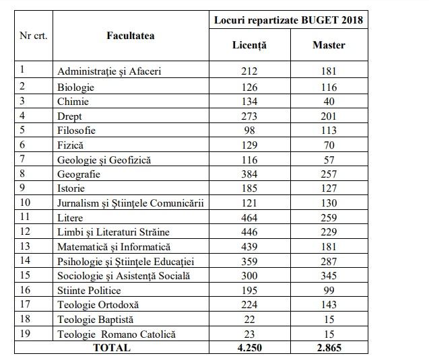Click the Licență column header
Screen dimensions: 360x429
[249, 46]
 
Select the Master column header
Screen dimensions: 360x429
[329, 46]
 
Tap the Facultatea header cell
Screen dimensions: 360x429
[131, 36]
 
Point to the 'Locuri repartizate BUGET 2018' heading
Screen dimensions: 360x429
[289, 20]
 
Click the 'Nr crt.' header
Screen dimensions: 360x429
[34, 36]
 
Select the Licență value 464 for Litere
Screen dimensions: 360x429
[249, 217]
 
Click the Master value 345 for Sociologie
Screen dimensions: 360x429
[329, 276]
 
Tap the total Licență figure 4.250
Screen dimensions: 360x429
[249, 349]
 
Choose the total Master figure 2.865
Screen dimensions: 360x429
[329, 349]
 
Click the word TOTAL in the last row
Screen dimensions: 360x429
[112, 349]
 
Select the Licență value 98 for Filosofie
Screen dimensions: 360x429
[249, 130]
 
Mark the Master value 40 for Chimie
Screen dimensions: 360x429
[329, 102]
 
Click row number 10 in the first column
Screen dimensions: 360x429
[26, 203]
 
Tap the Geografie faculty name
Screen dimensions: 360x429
[80, 174]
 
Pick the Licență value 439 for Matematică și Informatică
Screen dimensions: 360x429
[249, 247]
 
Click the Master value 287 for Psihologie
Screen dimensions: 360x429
[329, 261]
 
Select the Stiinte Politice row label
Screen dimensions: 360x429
[90, 291]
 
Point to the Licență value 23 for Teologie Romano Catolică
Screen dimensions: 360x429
[249, 334]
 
